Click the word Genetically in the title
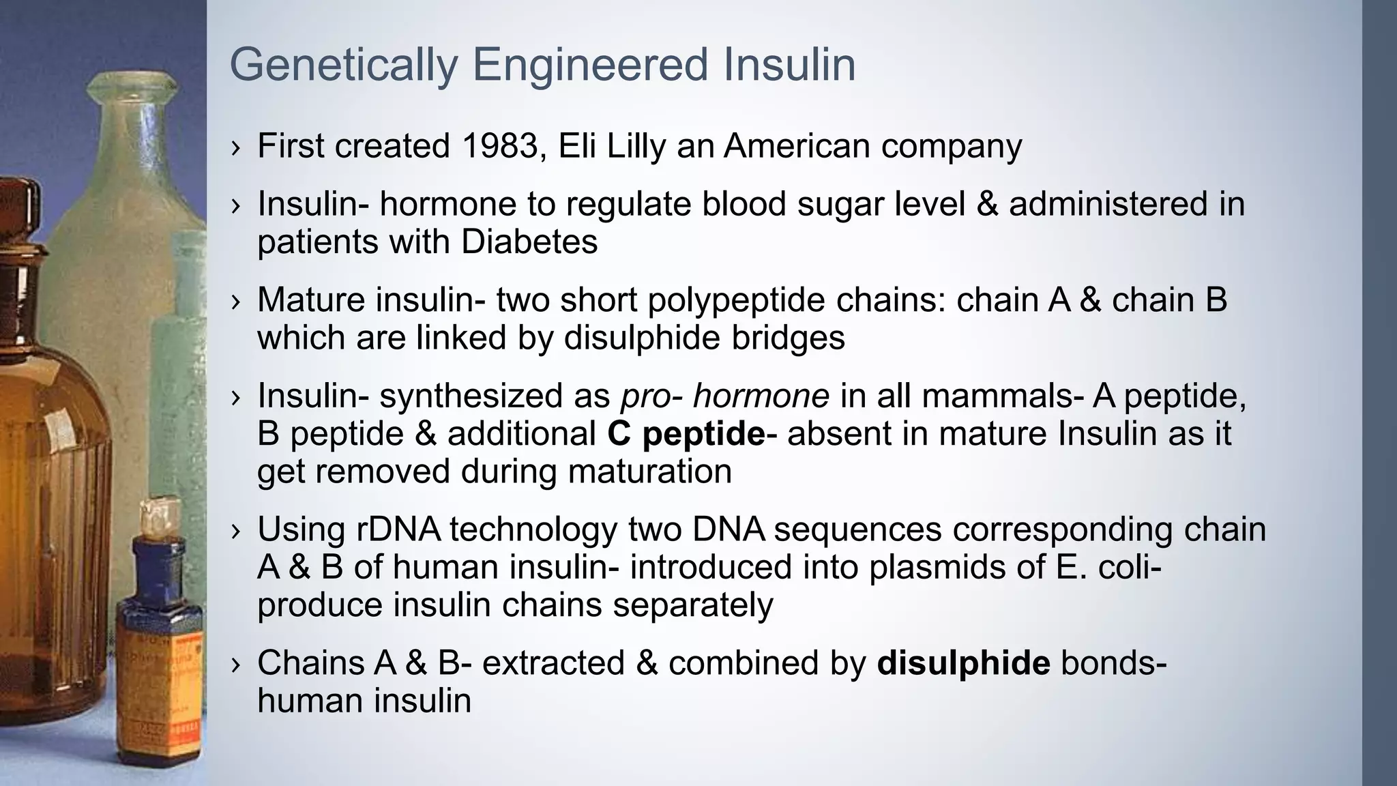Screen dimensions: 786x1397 pos(343,65)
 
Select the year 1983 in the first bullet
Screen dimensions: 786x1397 pos(501,146)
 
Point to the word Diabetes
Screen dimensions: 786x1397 pos(529,242)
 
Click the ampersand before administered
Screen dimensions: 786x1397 pos(987,204)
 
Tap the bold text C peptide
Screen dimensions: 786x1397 pos(686,434)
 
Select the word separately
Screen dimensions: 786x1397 pos(693,605)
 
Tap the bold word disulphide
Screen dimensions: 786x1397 pos(963,663)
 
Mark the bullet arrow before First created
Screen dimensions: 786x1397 pos(236,147)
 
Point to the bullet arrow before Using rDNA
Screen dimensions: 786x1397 pos(236,531)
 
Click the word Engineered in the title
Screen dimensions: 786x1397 pos(590,65)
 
